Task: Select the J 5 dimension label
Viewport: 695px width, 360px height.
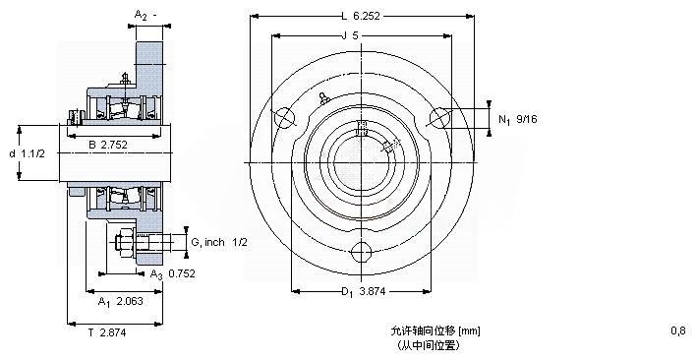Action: (x=349, y=36)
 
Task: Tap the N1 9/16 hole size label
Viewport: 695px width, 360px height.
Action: (x=518, y=119)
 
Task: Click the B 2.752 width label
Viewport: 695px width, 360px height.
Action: (x=108, y=145)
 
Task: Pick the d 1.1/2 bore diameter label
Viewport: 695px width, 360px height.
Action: (x=28, y=153)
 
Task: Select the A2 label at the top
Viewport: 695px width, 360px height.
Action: (x=145, y=16)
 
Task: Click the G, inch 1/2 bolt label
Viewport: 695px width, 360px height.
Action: (x=219, y=242)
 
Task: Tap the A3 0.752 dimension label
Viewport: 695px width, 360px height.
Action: (x=172, y=274)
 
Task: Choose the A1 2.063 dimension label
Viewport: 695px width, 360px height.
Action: (x=121, y=302)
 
